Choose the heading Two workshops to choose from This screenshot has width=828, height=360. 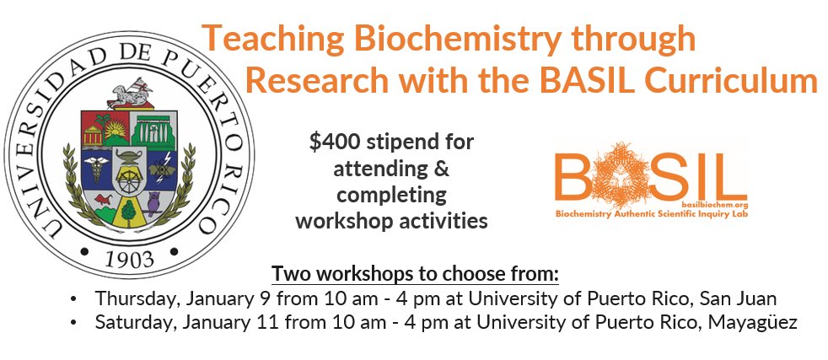[x=415, y=275]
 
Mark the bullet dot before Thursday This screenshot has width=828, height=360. [x=75, y=299]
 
